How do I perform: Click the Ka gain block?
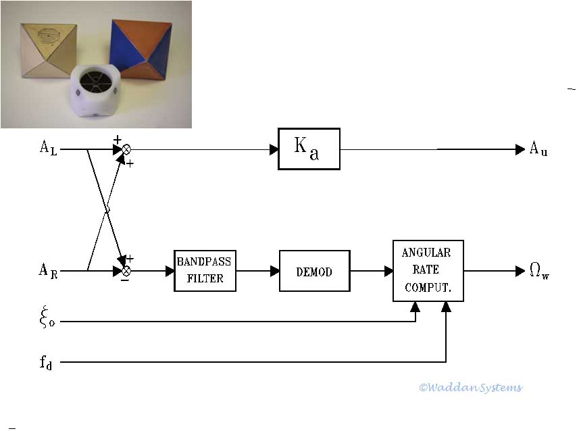(309, 149)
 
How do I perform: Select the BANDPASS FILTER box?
(205, 270)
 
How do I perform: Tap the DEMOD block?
(314, 270)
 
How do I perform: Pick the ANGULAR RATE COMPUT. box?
(428, 270)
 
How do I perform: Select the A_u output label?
(538, 149)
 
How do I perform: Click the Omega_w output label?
(539, 272)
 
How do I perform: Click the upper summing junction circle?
(126, 149)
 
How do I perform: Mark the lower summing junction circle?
(126, 271)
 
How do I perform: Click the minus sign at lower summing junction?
(124, 281)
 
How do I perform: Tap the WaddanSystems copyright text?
(470, 387)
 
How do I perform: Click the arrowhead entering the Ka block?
(274, 149)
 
